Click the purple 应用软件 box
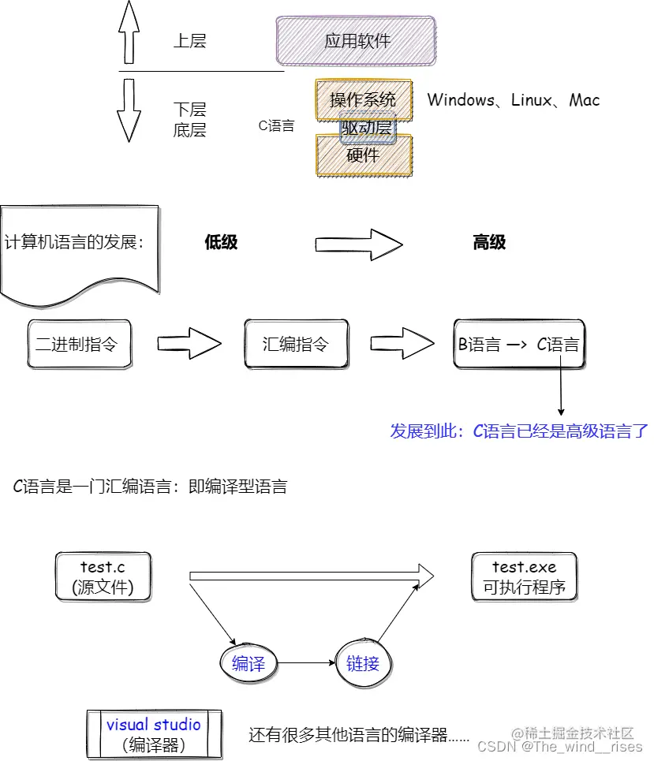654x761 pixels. pyautogui.click(x=356, y=41)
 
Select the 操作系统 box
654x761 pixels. pyautogui.click(x=364, y=99)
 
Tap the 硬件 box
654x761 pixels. pyautogui.click(x=364, y=155)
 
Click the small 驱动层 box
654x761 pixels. pyautogui.click(x=366, y=128)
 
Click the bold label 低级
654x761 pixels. pyautogui.click(x=221, y=243)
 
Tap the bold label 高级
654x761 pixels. pyautogui.click(x=489, y=243)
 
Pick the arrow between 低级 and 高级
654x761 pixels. pyautogui.click(x=358, y=244)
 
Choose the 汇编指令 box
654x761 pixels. pyautogui.click(x=296, y=344)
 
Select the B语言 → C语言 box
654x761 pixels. pyautogui.click(x=519, y=344)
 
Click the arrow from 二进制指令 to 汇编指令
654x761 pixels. pyautogui.click(x=189, y=344)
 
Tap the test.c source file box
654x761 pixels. pyautogui.click(x=103, y=577)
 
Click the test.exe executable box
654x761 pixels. pyautogui.click(x=525, y=577)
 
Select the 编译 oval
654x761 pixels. pyautogui.click(x=249, y=664)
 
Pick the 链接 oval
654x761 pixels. pyautogui.click(x=363, y=664)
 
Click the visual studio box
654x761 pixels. pyautogui.click(x=154, y=733)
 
